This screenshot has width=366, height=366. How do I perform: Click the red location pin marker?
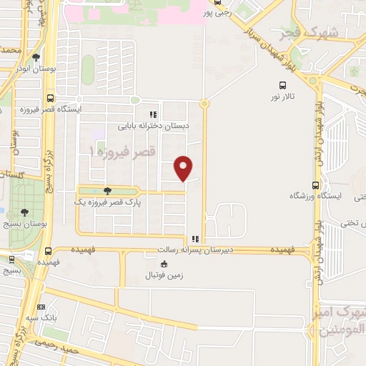[184, 167]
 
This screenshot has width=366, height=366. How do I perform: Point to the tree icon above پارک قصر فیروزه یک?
[107, 191]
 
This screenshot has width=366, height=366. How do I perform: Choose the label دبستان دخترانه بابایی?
[154, 125]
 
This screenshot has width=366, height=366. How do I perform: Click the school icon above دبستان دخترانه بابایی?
[152, 114]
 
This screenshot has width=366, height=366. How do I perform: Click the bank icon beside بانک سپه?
[40, 308]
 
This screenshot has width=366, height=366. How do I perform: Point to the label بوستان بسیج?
[26, 224]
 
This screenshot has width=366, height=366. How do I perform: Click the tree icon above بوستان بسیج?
[25, 212]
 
